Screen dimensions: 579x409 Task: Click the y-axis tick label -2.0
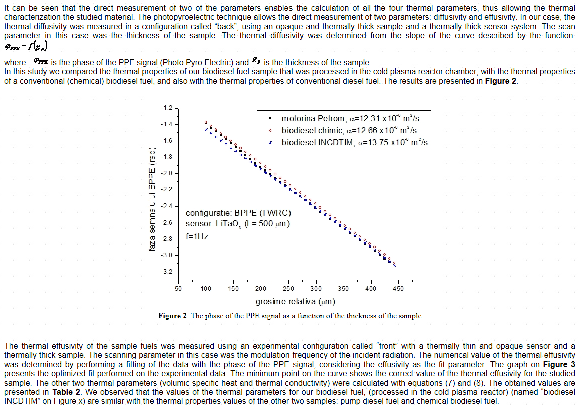pyautogui.click(x=166, y=173)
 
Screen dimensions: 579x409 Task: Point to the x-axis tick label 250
pyautogui.click(x=288, y=289)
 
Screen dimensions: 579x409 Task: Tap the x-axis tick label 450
pyautogui.click(x=398, y=289)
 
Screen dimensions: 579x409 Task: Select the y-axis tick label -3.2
pyautogui.click(x=166, y=272)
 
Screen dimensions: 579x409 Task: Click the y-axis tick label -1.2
pyautogui.click(x=166, y=108)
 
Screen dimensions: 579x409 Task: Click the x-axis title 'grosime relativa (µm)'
pyautogui.click(x=296, y=301)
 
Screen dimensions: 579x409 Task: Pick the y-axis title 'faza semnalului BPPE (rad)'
pyautogui.click(x=152, y=199)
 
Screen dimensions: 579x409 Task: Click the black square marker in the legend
pyautogui.click(x=270, y=119)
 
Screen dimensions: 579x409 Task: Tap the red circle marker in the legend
pyautogui.click(x=270, y=130)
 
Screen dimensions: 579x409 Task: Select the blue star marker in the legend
pyautogui.click(x=270, y=143)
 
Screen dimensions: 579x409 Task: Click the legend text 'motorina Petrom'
pyautogui.click(x=313, y=119)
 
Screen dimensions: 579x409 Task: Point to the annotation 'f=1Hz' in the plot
pyautogui.click(x=197, y=236)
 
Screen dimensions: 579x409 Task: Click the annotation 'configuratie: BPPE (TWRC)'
pyautogui.click(x=238, y=213)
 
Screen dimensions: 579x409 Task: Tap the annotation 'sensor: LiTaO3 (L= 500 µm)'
pyautogui.click(x=238, y=224)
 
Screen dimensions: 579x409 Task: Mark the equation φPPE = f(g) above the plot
pyautogui.click(x=26, y=46)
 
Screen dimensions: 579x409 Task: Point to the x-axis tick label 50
pyautogui.click(x=178, y=289)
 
